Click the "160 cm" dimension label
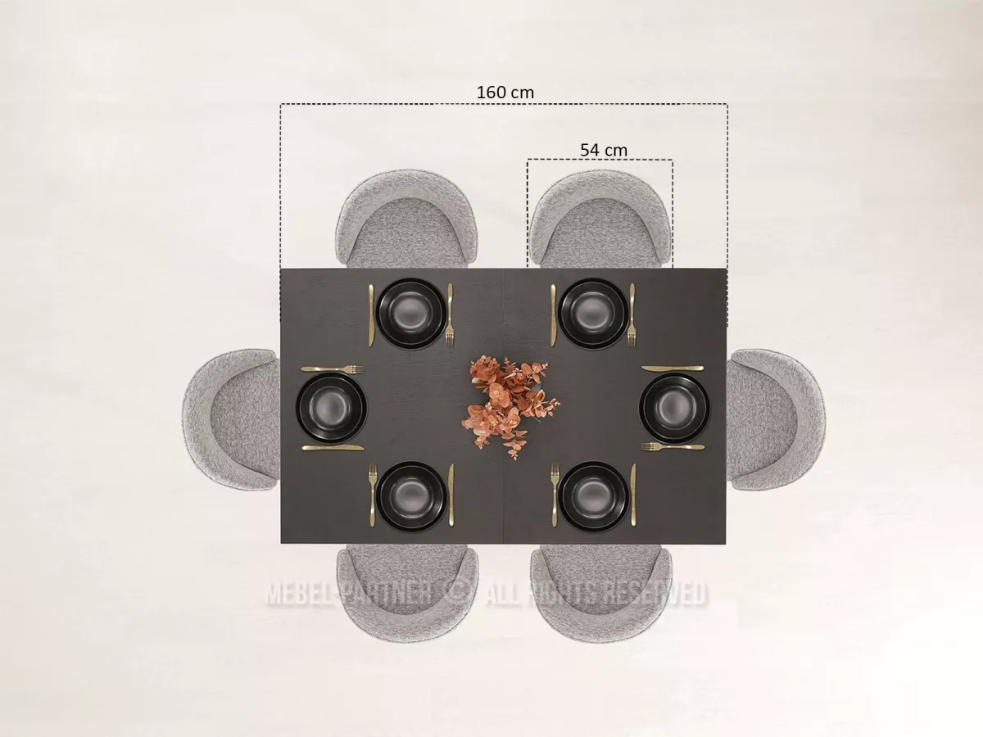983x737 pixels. (x=505, y=93)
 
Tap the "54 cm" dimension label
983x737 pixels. (x=604, y=150)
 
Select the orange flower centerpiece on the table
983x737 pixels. (x=510, y=406)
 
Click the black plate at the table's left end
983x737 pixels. (x=332, y=408)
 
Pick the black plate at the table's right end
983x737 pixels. (x=674, y=408)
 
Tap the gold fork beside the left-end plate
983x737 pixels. (x=333, y=369)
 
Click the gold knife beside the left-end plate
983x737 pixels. (x=333, y=447)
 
